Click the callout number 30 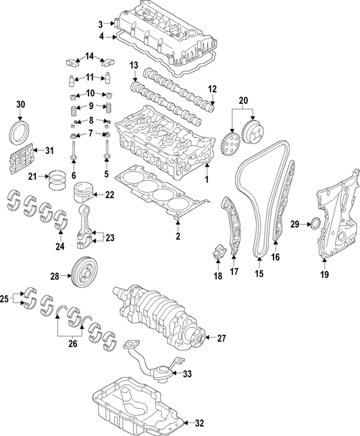(x=20, y=104)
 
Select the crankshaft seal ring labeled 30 (x=20, y=131)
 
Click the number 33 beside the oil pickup (x=188, y=373)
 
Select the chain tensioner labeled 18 (x=217, y=256)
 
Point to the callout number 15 (x=257, y=275)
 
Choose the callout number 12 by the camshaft (x=212, y=89)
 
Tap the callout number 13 (x=133, y=65)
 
